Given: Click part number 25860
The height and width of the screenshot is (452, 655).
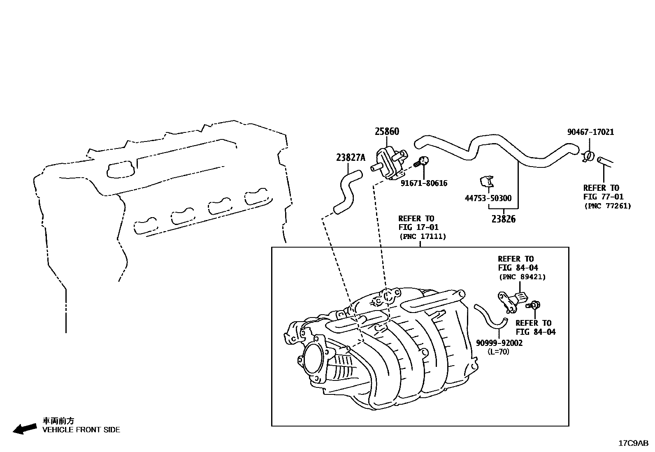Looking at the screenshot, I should [x=387, y=132].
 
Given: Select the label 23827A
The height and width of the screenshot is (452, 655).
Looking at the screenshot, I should [x=351, y=157].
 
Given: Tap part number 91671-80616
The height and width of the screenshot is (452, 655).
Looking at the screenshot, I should [x=424, y=183].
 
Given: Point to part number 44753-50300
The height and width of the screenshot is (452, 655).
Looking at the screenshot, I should [x=488, y=198].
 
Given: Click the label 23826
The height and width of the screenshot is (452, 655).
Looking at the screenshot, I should [x=503, y=219].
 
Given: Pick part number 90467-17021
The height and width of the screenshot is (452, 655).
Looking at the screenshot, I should [x=590, y=132].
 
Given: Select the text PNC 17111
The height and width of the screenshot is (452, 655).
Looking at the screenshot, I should [x=423, y=236].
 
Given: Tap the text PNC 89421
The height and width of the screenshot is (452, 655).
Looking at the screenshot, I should [x=522, y=277].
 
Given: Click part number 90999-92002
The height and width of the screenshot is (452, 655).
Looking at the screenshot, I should [x=499, y=343].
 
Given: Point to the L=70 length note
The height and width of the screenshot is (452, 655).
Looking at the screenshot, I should [x=498, y=352].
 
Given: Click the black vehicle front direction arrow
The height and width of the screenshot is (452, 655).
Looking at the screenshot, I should [x=25, y=429].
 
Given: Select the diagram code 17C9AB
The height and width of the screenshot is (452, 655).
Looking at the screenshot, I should [x=633, y=443].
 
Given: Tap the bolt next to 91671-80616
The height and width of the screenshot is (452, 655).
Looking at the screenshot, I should [x=422, y=161].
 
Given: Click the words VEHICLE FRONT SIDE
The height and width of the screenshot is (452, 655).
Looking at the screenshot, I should [x=81, y=430].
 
